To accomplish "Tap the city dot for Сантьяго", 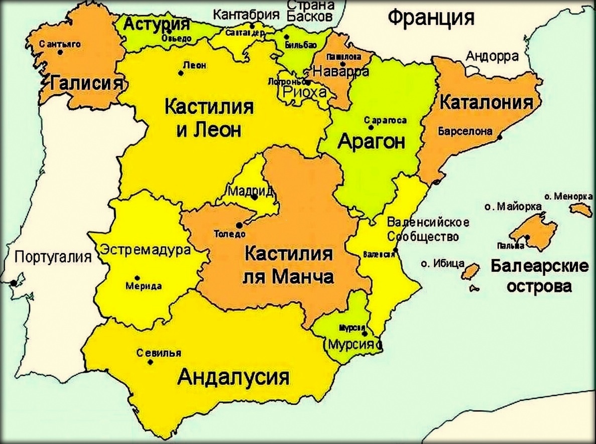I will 60,52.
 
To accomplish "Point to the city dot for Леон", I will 181,73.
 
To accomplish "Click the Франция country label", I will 431,18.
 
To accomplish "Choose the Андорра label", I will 492,56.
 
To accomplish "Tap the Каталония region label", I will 486,103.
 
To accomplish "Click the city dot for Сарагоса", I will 371,127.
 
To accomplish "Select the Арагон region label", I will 371,141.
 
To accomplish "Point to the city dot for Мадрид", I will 255,197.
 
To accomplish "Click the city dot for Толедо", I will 239,225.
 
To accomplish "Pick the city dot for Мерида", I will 137,277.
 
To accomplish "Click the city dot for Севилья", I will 150,362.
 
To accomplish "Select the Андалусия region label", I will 234,376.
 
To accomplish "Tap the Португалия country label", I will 53,257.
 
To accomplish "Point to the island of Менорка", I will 581,209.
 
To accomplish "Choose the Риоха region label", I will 304,91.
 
